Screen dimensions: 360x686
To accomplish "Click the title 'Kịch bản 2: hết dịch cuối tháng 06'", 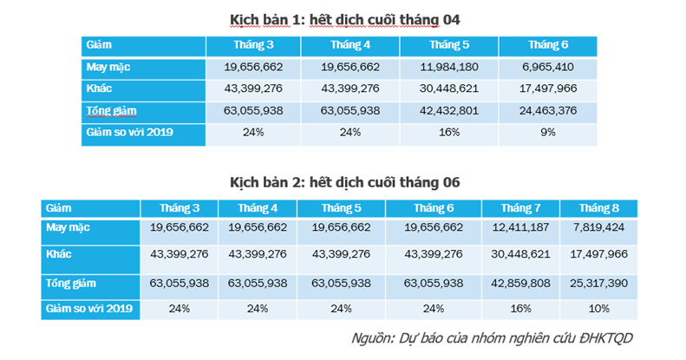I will pyautogui.click(x=344, y=182).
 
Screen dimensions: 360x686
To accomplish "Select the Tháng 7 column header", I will pyautogui.click(x=520, y=207).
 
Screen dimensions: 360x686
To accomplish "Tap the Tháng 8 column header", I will pyautogui.click(x=598, y=207).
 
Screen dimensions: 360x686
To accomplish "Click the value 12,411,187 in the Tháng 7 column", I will pyautogui.click(x=520, y=227).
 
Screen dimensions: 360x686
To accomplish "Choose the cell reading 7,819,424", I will pyautogui.click(x=598, y=227).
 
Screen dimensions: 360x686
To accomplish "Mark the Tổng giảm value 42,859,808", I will pyautogui.click(x=520, y=284).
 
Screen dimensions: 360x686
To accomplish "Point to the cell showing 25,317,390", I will pyautogui.click(x=598, y=284).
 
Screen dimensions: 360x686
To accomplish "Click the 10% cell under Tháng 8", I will pyautogui.click(x=598, y=308).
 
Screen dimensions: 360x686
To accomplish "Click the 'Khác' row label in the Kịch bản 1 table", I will pyautogui.click(x=99, y=88).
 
